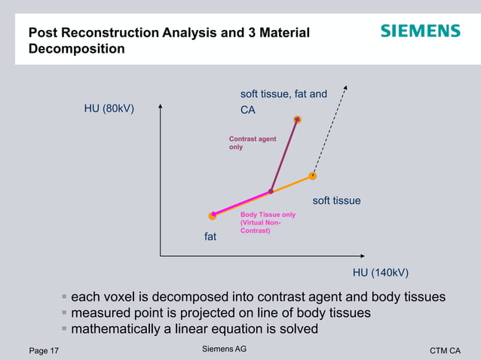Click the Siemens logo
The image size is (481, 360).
(x=420, y=31)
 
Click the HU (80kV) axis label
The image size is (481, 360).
(x=109, y=108)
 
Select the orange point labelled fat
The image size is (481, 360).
(x=213, y=215)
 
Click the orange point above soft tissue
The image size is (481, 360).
(x=312, y=176)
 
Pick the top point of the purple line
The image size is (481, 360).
(x=298, y=120)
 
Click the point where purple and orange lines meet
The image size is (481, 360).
(x=271, y=192)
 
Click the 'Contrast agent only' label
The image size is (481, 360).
(x=252, y=143)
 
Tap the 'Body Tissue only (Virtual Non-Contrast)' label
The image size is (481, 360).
(x=267, y=222)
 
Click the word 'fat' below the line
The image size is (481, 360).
(x=210, y=236)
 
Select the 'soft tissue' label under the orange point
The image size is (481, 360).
(x=336, y=201)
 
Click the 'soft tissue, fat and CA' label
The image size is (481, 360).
(x=283, y=102)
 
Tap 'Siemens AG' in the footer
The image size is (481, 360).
(x=225, y=349)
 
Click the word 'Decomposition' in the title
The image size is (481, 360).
(x=76, y=49)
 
